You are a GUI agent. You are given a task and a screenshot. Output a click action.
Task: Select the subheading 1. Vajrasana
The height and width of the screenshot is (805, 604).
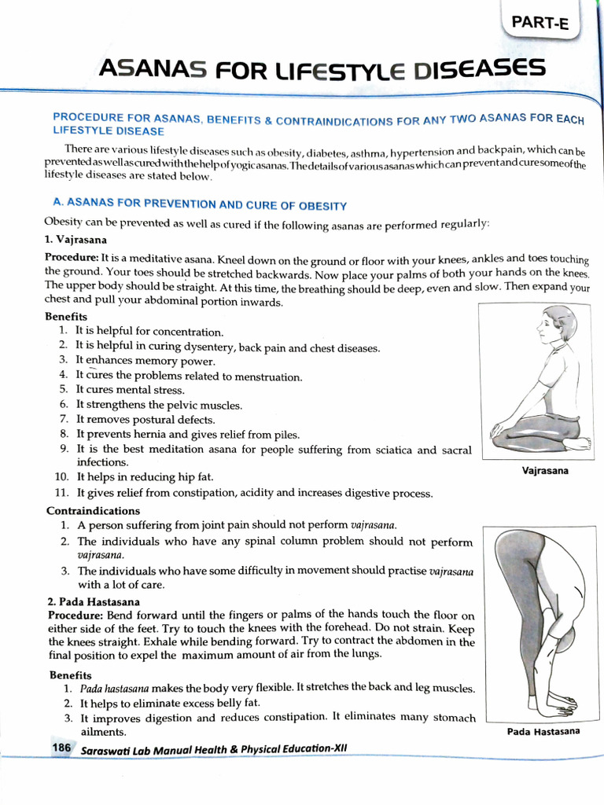[76, 240]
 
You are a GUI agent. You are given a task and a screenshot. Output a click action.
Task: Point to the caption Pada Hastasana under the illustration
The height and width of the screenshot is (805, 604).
[543, 732]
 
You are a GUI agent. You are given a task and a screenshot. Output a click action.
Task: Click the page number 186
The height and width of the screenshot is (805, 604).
[62, 748]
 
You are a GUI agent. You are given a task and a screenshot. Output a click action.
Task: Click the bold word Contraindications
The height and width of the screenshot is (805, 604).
[93, 510]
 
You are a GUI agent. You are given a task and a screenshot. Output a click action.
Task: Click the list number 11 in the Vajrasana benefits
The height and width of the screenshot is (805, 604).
[62, 493]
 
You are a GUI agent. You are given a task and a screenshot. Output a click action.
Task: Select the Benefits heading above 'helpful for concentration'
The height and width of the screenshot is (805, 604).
[66, 316]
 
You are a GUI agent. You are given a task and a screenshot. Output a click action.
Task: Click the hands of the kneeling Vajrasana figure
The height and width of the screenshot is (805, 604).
[495, 431]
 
